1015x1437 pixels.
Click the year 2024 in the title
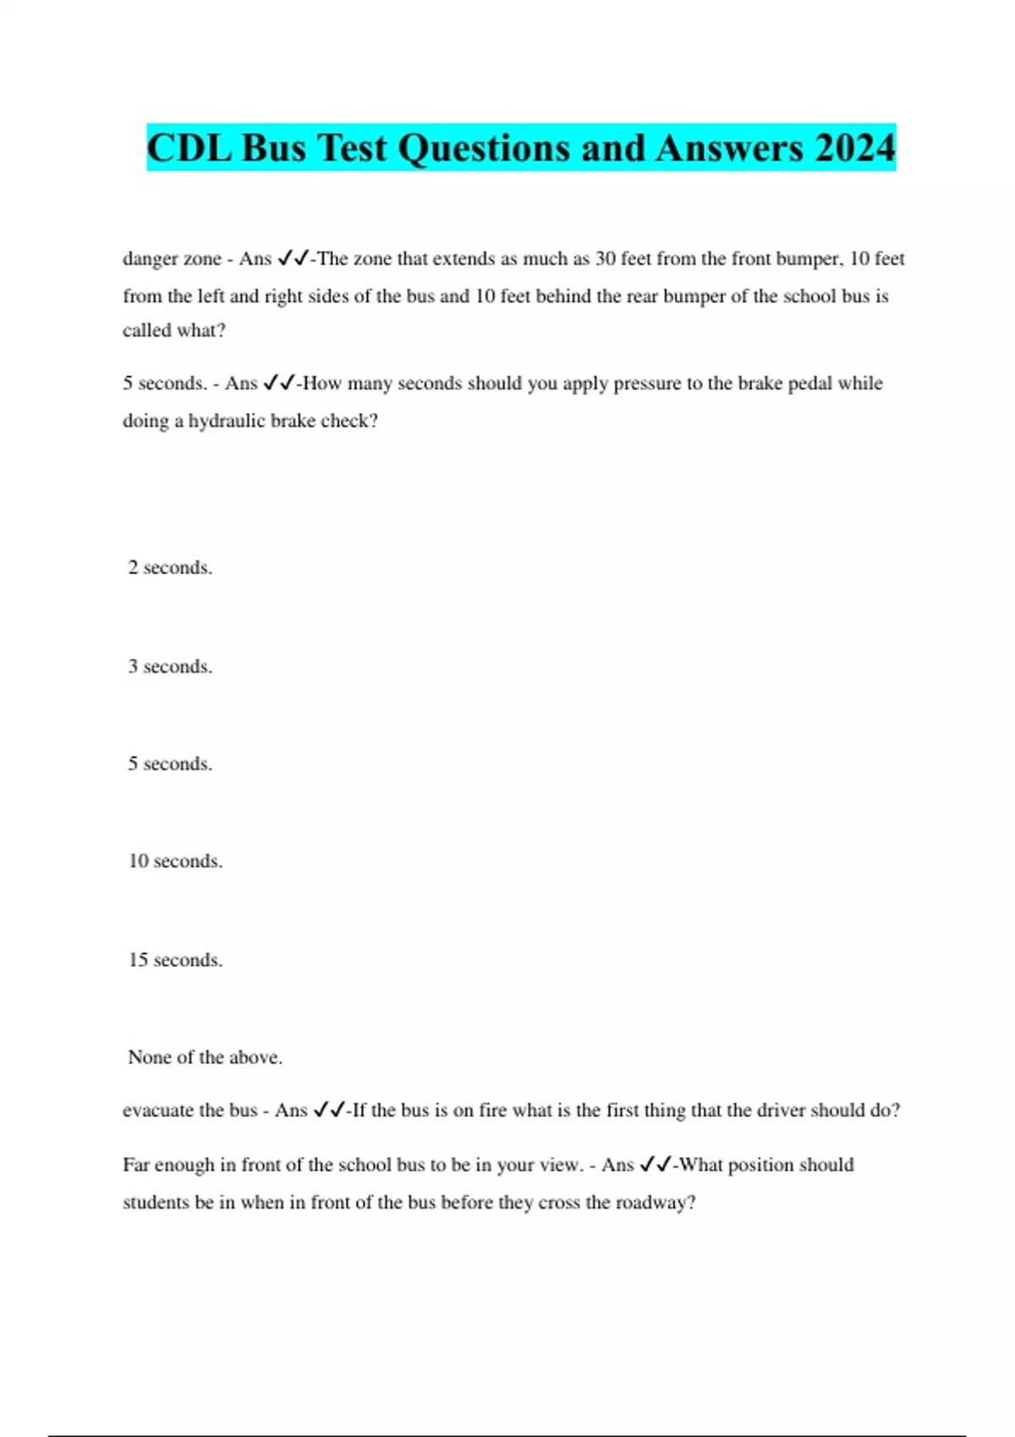tap(854, 148)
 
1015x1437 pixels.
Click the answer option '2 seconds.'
tap(170, 568)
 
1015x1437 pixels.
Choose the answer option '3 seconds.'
tap(170, 667)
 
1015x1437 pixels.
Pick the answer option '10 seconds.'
tap(175, 861)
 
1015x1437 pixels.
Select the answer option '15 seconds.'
tap(175, 960)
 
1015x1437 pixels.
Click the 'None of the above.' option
tap(205, 1057)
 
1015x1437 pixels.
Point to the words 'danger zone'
tap(172, 259)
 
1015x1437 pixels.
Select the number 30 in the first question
tap(606, 259)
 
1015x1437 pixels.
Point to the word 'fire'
tap(492, 1111)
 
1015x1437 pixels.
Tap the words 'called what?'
tap(174, 331)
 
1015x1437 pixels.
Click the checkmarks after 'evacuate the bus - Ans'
tap(329, 1110)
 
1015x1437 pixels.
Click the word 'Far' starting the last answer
tap(136, 1165)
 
